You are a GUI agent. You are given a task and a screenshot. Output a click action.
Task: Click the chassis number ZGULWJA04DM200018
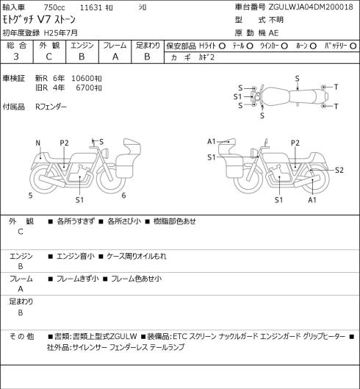[311, 7]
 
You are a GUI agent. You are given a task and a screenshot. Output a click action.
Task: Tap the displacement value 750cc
[54, 7]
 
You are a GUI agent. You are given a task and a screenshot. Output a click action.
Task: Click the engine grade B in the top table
[82, 57]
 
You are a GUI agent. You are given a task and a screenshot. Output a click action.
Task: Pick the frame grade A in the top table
[115, 57]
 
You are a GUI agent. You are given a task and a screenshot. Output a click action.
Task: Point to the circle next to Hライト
[222, 46]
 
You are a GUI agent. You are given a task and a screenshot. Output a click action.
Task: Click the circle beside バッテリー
[353, 46]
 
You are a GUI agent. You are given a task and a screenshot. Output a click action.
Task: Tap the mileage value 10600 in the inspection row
[83, 79]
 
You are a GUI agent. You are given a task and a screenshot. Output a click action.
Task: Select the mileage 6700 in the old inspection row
[85, 88]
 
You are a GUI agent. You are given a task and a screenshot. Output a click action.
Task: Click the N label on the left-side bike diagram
[38, 143]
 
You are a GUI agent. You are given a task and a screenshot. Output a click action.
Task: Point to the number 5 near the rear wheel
[30, 196]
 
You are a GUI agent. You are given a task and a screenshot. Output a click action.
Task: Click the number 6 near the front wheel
[123, 196]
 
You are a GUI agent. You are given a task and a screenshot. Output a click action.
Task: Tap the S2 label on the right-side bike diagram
[339, 170]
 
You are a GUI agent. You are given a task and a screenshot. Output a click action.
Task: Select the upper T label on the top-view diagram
[336, 87]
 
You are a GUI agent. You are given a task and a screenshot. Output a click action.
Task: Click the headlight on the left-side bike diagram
[105, 152]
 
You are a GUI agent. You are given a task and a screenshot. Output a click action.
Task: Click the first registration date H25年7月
[61, 33]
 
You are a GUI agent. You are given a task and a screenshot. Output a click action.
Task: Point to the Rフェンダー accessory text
[51, 107]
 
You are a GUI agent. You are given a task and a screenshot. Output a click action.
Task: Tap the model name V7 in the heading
[44, 20]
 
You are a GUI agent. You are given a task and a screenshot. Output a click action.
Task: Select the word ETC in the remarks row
[179, 336]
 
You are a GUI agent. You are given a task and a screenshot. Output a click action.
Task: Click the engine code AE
[273, 33]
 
